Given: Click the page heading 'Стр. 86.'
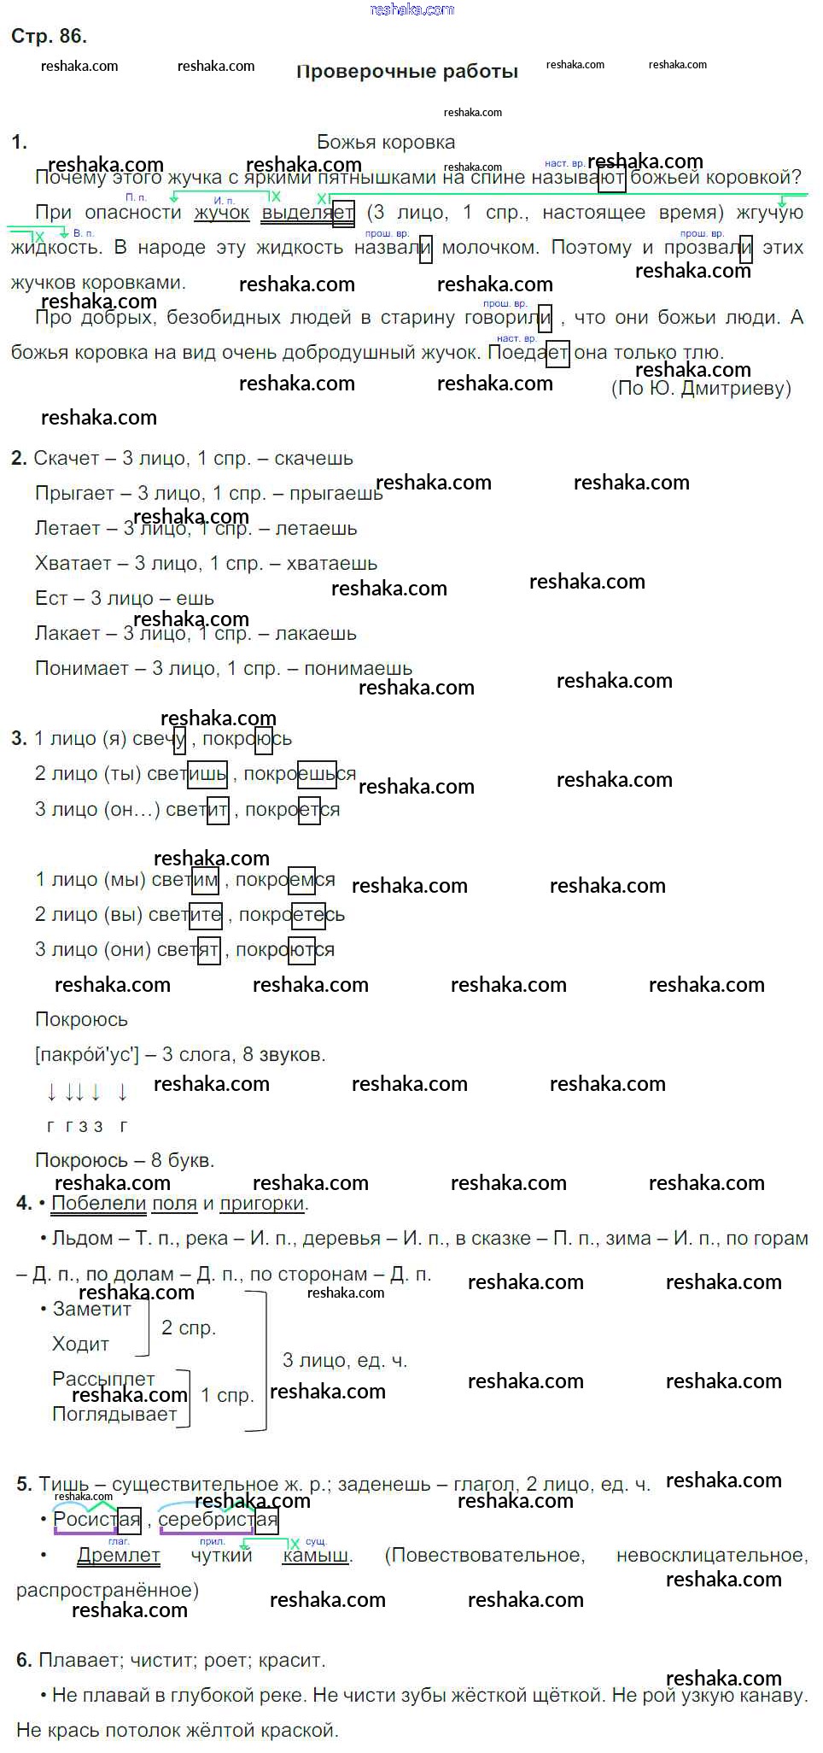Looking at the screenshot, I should tap(49, 36).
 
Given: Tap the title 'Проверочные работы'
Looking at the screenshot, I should tap(407, 72).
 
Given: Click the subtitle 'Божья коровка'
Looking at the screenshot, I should tap(386, 142).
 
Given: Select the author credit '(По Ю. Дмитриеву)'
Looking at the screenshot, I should tap(701, 389).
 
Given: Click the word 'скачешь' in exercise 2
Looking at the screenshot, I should tap(313, 459).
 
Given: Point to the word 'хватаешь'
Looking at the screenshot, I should tap(332, 564).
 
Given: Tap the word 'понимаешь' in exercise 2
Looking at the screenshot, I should tap(358, 669).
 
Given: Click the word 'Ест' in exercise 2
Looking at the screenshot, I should tap(51, 599).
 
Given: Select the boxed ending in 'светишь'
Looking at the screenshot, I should tap(207, 774).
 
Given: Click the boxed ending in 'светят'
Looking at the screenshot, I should tap(208, 950).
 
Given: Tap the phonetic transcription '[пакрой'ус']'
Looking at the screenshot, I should tap(86, 1055).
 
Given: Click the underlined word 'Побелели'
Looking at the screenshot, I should tap(99, 1204).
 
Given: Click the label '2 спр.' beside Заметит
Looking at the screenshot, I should tap(189, 1328).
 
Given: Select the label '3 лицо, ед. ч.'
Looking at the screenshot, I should tap(345, 1360).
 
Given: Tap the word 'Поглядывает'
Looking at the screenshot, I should tap(114, 1414).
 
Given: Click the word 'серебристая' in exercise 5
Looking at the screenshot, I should tap(218, 1520).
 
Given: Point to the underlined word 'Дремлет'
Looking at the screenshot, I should tap(119, 1556).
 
